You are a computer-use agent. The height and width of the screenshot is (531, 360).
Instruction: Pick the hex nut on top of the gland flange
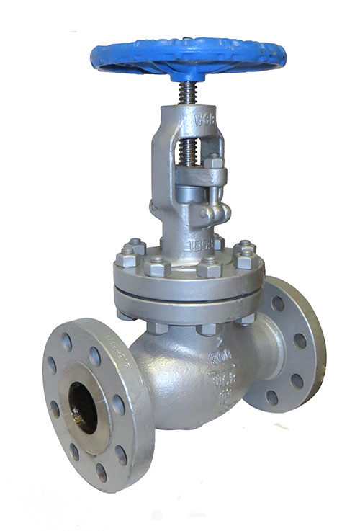click(215, 162)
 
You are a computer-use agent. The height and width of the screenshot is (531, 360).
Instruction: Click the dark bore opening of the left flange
click(82, 408)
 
